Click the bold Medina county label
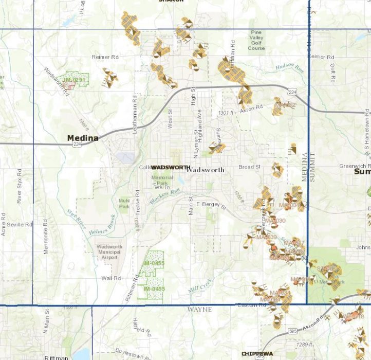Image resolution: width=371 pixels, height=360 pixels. pos(83,138)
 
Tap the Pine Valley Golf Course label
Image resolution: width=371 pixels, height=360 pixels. pos(256,40)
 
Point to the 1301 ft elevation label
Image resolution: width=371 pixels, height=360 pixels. pos(226,112)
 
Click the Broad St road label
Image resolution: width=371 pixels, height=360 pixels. pos(250,167)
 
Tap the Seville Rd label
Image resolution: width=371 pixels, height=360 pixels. pos(20,225)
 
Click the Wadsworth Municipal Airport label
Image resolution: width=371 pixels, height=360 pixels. pos(109,252)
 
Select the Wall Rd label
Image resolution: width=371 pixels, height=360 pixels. pos(110,278)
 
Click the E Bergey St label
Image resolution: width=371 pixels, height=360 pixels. pos(211,205)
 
